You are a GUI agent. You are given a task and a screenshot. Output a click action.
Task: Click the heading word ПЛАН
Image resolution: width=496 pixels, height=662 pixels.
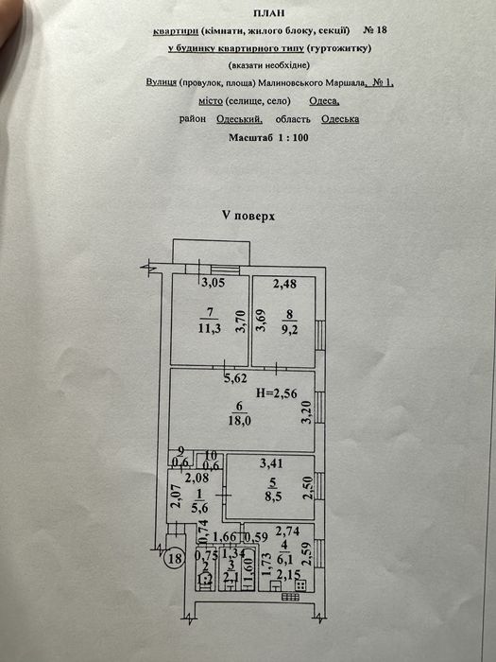pos(268,13)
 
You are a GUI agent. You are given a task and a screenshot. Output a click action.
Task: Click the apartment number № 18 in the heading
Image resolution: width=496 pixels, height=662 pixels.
pos(374,30)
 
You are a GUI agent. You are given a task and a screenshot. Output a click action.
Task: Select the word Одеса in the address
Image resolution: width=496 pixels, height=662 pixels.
pos(324,101)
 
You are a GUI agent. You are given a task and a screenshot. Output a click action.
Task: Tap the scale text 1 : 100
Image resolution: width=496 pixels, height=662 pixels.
pos(293,138)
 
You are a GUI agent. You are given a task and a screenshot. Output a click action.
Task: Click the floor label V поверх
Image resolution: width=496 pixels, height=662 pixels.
pos(248,216)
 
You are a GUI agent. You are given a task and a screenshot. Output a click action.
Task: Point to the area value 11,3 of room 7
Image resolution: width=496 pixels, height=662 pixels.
pos(210,328)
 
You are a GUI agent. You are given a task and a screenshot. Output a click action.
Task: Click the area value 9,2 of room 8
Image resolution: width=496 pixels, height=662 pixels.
pos(289,328)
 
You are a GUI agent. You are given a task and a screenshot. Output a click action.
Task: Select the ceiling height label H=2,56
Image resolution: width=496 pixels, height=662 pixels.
pos(277,393)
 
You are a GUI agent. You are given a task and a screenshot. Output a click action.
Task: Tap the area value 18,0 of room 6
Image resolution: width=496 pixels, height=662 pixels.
pos(240,421)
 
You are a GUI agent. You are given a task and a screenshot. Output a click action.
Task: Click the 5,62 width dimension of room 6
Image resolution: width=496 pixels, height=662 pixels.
pos(236,378)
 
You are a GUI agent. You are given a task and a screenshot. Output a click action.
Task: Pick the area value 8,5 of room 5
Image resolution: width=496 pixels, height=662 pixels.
pos(273,496)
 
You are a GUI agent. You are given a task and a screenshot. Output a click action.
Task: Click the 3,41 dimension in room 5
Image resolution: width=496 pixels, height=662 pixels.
pos(272,463)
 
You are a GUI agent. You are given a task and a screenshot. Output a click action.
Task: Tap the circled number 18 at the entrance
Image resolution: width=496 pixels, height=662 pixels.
pos(175,559)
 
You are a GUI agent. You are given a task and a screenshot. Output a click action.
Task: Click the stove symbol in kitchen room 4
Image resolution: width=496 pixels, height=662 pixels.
pos(301,585)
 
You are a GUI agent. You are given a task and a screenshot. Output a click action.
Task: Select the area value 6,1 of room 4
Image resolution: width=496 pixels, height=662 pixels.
pos(284,560)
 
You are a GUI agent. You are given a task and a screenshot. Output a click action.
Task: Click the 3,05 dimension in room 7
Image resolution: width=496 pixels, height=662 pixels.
pos(213,283)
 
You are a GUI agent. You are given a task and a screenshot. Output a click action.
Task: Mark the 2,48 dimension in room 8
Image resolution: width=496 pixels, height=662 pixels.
pos(284,284)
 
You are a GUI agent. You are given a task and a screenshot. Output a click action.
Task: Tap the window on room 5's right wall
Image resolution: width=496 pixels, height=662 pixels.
pos(320,484)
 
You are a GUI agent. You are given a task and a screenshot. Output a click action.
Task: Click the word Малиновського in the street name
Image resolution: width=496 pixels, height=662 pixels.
pos(290,83)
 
